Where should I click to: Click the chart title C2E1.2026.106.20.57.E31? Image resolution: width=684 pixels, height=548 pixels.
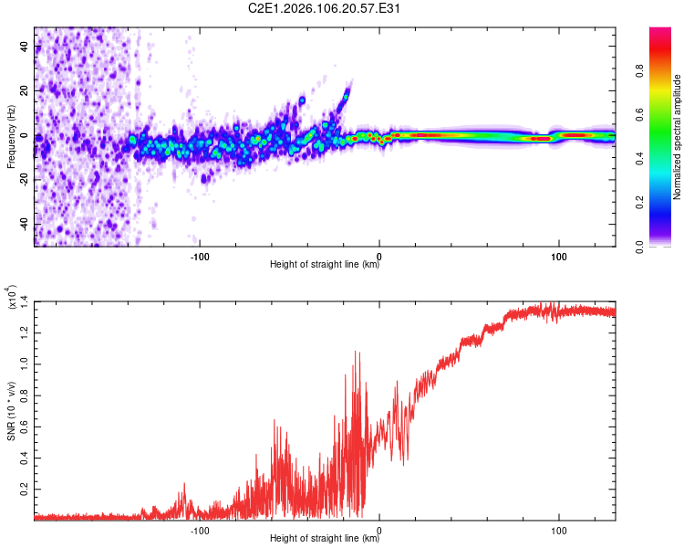click(x=326, y=8)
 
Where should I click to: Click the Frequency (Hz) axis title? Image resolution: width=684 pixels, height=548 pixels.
click(x=11, y=137)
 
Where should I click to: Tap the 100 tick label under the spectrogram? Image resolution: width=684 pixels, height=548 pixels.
click(x=558, y=255)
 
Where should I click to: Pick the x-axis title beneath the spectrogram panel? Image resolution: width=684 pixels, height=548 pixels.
click(x=325, y=265)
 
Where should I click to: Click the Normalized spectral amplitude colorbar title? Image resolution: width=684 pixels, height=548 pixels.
click(x=678, y=137)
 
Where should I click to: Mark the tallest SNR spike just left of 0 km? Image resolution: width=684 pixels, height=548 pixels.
click(x=357, y=352)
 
